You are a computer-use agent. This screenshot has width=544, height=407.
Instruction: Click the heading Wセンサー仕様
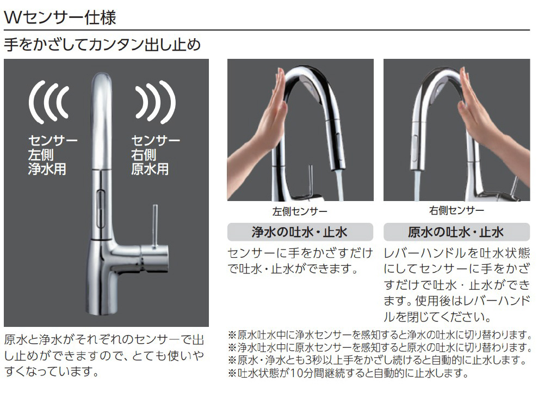[60, 17]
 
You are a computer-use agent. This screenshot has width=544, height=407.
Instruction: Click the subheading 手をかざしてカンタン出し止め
[102, 45]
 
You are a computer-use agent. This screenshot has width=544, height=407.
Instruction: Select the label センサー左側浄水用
[53, 155]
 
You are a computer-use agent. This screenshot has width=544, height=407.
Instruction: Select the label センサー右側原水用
[156, 155]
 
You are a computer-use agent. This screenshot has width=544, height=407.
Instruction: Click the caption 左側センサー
[300, 211]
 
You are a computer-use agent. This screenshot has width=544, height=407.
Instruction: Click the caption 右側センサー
[456, 210]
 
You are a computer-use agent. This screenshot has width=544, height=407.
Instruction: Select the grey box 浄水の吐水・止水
[300, 232]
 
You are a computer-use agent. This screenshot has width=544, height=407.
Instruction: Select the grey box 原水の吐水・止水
[456, 232]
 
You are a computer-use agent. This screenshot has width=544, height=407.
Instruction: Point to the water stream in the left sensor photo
[339, 185]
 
